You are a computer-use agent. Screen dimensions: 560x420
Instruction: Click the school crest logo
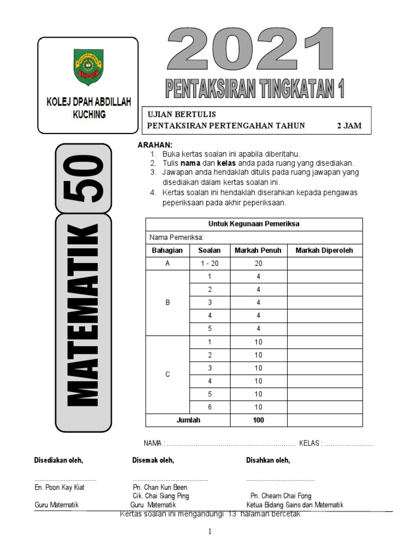(x=87, y=67)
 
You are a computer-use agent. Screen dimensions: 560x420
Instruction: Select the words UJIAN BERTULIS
(x=182, y=114)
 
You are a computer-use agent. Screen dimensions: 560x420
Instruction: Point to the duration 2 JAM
(x=349, y=126)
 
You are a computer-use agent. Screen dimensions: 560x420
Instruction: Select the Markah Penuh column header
(x=258, y=250)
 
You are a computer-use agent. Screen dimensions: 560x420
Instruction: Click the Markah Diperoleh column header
(x=324, y=250)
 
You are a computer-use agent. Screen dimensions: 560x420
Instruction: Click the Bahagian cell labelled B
(x=167, y=302)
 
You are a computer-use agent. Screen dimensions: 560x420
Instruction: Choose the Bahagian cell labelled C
(x=167, y=375)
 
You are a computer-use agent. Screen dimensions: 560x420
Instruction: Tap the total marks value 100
(x=258, y=420)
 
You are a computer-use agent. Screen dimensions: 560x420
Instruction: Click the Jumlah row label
(x=188, y=420)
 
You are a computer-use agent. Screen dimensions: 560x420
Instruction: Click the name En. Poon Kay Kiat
(x=60, y=487)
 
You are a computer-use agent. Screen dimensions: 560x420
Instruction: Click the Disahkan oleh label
(x=268, y=460)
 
